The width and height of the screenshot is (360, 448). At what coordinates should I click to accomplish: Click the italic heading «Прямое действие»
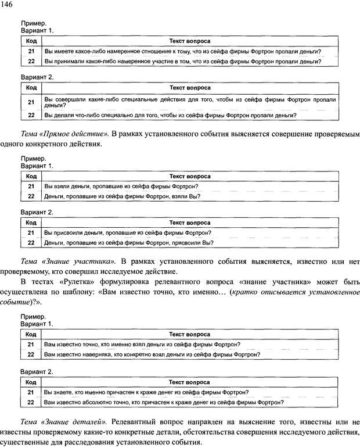pos(71,134)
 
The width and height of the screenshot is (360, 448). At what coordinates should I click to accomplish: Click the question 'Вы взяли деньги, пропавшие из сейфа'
pos(120,186)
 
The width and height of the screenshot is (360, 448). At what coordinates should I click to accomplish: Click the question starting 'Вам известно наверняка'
pos(152,354)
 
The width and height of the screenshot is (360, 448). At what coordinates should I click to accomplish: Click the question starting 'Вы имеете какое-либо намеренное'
pos(182,51)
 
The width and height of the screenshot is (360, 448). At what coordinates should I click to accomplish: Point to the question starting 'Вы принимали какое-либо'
pos(182,61)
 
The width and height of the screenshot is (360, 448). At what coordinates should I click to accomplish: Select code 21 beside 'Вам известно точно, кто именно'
pos(31,345)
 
